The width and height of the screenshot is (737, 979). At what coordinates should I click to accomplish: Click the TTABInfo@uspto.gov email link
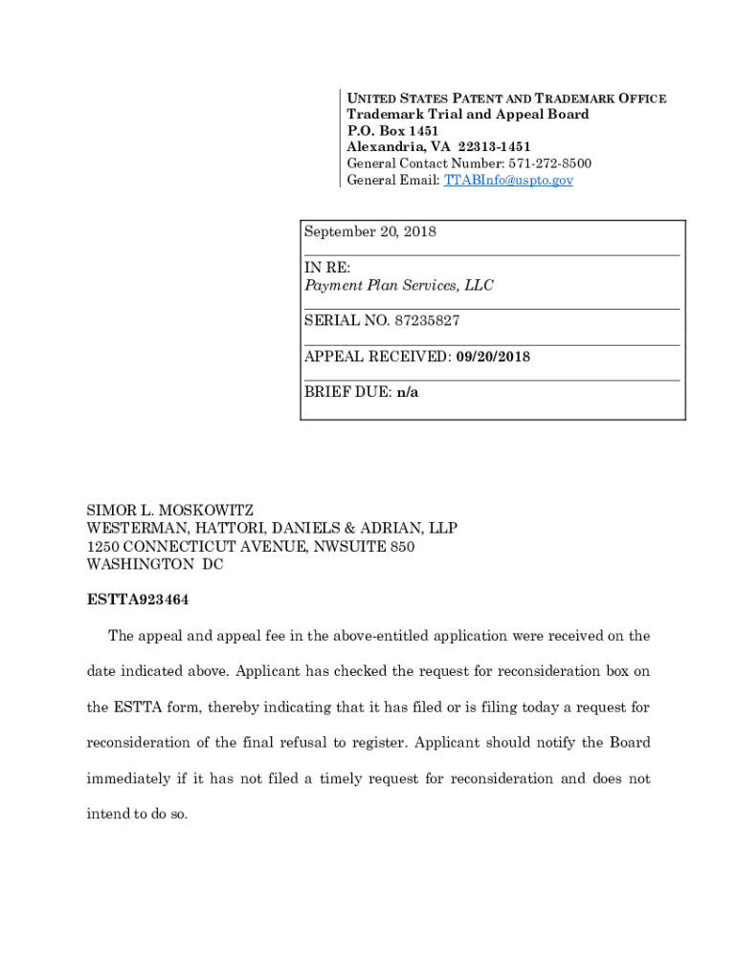click(x=508, y=180)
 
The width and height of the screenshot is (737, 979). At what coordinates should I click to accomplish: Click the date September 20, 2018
click(x=369, y=232)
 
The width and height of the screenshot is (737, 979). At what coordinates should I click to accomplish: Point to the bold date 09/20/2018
click(x=493, y=357)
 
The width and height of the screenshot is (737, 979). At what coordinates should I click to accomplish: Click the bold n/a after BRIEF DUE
click(x=408, y=392)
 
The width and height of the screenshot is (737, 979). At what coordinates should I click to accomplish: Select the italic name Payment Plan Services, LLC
click(x=399, y=286)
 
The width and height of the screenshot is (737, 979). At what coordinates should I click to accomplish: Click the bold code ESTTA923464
click(x=144, y=601)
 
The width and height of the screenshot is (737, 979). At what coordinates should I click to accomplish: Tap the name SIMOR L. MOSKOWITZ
click(x=170, y=510)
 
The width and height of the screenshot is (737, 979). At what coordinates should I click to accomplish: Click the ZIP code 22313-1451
click(x=494, y=147)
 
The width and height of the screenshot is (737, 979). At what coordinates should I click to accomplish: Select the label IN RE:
click(x=327, y=269)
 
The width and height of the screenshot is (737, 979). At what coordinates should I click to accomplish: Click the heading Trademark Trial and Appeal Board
click(x=467, y=115)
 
